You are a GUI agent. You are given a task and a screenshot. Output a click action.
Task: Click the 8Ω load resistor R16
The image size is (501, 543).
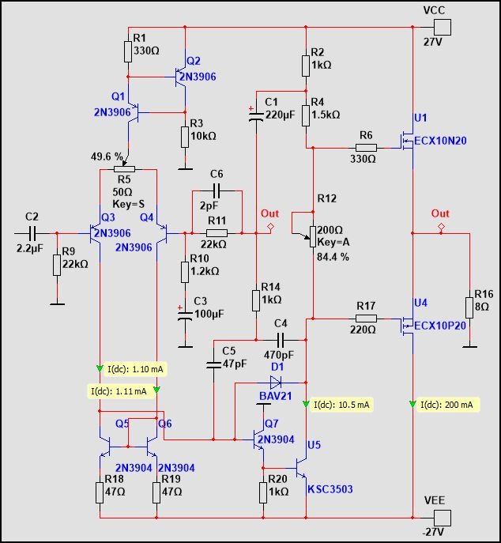coord(470,292)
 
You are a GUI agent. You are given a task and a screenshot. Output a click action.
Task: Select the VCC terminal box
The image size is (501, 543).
coord(443,26)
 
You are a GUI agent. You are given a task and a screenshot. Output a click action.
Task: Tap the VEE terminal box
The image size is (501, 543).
coord(443,517)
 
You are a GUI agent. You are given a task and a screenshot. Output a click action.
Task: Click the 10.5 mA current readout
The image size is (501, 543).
coord(341,405)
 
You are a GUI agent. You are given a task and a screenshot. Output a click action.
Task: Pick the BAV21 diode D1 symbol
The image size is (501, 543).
coord(277,381)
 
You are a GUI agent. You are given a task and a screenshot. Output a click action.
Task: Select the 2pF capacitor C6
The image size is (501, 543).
coord(217,191)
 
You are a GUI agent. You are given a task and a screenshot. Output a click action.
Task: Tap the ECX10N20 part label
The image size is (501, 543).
coord(441,141)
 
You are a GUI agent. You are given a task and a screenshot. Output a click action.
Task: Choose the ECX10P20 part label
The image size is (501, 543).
coord(441,324)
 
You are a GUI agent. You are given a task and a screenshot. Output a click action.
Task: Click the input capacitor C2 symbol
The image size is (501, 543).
coord(32,233)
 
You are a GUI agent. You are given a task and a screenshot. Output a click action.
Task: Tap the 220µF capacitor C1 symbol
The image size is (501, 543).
coord(255,117)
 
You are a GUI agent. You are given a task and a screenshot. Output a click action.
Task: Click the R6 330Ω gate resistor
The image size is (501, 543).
coord(365,147)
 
